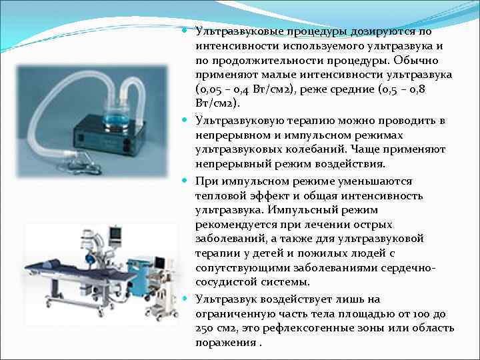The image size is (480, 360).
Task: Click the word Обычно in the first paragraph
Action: (x=416, y=61)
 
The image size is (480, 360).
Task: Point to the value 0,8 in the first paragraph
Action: (x=416, y=90)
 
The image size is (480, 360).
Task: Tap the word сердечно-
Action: (x=408, y=268)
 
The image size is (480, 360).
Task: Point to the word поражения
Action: (x=225, y=343)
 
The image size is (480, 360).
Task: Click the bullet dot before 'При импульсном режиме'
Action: (x=184, y=181)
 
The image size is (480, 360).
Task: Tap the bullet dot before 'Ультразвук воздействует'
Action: (x=184, y=298)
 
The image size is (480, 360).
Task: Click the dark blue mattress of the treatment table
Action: (x=79, y=271)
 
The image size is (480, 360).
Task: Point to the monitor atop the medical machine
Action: (x=116, y=234)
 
